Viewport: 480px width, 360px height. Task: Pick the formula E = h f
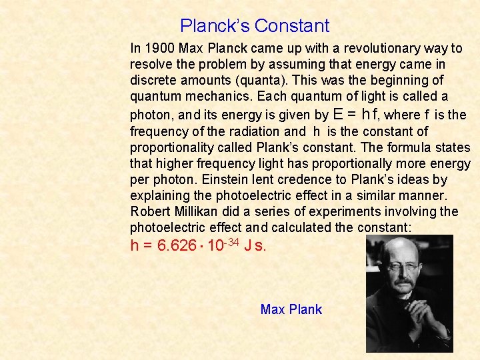[x=347, y=114]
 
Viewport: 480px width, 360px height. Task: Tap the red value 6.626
[x=177, y=246]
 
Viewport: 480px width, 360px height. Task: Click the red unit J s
[x=255, y=246]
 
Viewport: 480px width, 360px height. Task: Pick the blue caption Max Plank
[x=291, y=309]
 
